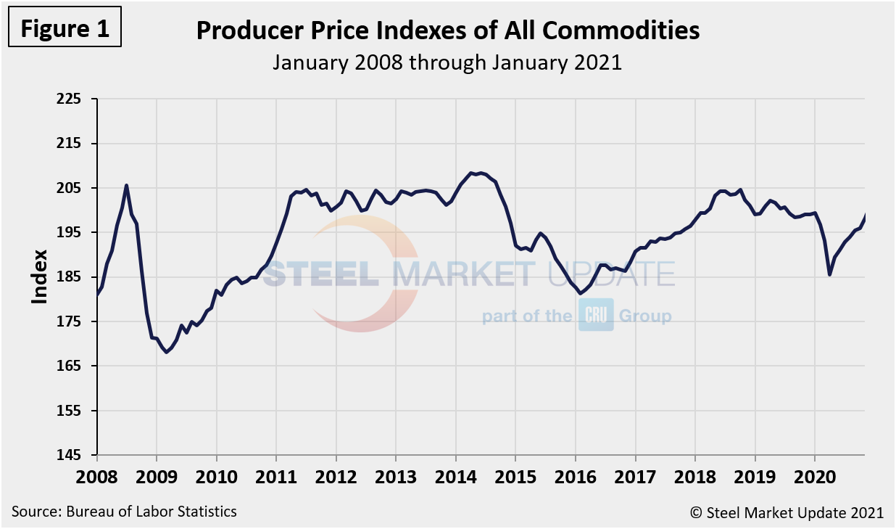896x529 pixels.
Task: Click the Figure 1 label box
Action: pos(65,28)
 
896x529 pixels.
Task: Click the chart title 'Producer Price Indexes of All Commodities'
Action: pos(447,30)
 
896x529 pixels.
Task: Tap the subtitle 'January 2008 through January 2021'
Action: pos(447,62)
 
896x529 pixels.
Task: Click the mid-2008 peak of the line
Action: pos(127,185)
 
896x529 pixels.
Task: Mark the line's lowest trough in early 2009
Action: pos(167,352)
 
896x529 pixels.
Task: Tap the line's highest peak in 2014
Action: pos(471,173)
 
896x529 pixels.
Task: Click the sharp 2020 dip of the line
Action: pos(830,274)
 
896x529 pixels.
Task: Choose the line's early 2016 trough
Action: pos(580,293)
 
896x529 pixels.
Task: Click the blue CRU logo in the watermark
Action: pos(596,315)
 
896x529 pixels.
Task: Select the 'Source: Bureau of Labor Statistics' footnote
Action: pos(124,512)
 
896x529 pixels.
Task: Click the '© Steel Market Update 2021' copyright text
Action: pos(787,512)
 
